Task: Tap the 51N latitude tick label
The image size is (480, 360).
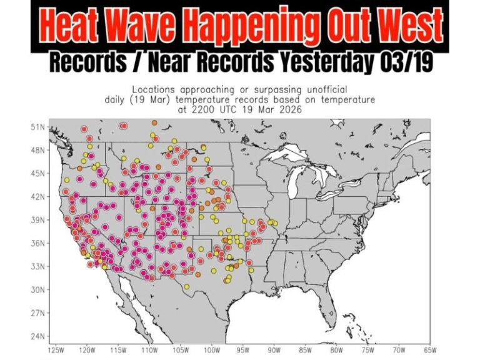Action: (39, 127)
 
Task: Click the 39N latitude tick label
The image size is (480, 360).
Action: (39, 220)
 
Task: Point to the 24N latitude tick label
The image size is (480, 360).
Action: (39, 336)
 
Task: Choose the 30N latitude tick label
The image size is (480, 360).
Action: (39, 289)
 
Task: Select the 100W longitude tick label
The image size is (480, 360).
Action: (212, 350)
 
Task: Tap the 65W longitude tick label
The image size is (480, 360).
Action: (429, 350)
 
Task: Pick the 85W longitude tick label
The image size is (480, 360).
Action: (305, 350)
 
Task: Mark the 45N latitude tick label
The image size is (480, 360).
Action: (39, 173)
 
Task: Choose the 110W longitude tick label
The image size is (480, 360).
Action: (149, 350)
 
